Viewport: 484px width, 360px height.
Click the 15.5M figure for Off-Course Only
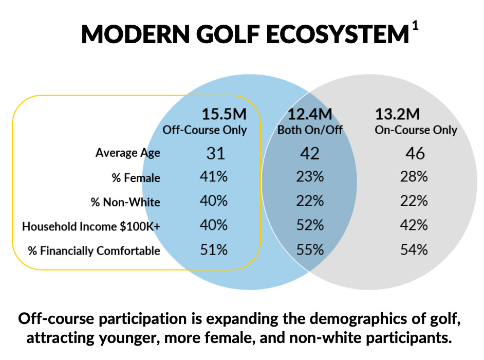click(x=225, y=114)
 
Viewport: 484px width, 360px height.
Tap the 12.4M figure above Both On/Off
click(x=309, y=114)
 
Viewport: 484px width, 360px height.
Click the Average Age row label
click(x=127, y=153)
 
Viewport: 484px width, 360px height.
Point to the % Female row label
click(x=136, y=178)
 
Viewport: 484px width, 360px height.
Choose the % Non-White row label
click(x=125, y=202)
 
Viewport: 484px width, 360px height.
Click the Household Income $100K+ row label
click(x=91, y=226)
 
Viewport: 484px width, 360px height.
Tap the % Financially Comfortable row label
click(x=94, y=251)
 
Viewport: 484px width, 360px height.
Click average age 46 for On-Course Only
click(x=415, y=153)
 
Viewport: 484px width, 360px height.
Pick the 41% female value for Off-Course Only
click(x=213, y=177)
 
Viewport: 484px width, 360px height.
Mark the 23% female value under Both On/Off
click(x=310, y=177)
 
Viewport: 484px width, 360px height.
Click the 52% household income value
click(x=310, y=226)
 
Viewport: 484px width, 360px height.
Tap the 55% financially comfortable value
click(x=310, y=250)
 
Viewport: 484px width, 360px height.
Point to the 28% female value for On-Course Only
click(x=414, y=177)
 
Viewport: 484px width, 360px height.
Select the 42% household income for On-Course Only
click(x=414, y=226)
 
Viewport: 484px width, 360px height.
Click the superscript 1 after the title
click(x=415, y=26)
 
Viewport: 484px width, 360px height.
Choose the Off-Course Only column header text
click(x=204, y=130)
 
